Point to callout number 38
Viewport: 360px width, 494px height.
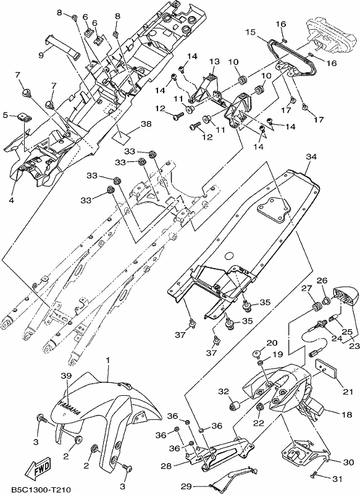(146, 124)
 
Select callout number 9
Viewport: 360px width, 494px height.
(41, 55)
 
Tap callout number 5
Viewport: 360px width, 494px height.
(5, 115)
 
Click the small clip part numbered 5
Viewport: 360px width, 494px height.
(24, 117)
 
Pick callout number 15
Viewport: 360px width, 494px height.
(250, 32)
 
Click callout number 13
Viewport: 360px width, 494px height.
(214, 61)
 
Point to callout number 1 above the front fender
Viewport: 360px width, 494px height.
(107, 360)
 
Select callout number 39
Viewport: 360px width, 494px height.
(66, 376)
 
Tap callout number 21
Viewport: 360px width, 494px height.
(348, 392)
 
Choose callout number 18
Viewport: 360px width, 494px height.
(347, 414)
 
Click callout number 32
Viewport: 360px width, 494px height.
(224, 392)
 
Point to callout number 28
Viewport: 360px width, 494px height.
(166, 466)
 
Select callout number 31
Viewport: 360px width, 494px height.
(337, 479)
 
